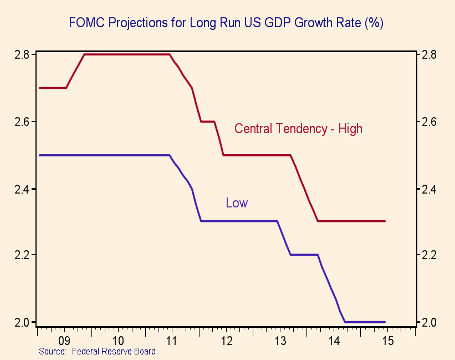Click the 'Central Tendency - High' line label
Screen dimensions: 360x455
click(298, 129)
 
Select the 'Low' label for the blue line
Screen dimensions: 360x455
click(237, 203)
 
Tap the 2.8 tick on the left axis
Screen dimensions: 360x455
click(22, 55)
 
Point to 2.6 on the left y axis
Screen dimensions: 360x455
click(22, 121)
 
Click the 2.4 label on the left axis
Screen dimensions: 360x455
click(22, 189)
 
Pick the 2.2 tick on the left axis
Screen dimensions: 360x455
click(22, 255)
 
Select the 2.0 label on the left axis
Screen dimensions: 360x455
click(22, 322)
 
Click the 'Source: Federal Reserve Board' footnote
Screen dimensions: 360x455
click(97, 351)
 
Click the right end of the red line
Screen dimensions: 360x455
click(385, 221)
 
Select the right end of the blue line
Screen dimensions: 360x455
click(385, 322)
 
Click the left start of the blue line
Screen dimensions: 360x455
click(39, 155)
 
